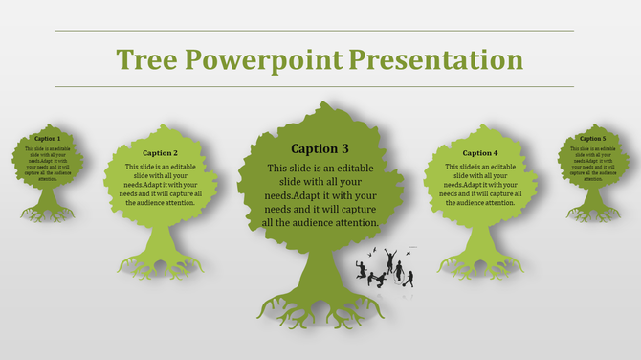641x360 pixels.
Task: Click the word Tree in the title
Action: pyautogui.click(x=146, y=59)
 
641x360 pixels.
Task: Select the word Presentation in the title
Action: pyautogui.click(x=435, y=59)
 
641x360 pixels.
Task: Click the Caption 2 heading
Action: pyautogui.click(x=160, y=153)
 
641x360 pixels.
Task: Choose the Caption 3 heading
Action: pyautogui.click(x=320, y=148)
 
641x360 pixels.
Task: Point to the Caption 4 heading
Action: pyautogui.click(x=480, y=153)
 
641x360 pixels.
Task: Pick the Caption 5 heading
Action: pyautogui.click(x=592, y=139)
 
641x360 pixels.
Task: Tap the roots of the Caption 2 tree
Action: pyautogui.click(x=160, y=263)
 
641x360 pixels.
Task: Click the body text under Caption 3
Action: pyautogui.click(x=320, y=195)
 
